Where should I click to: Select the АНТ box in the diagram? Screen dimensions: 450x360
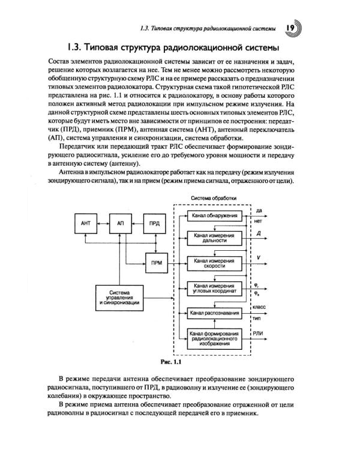(x=85, y=223)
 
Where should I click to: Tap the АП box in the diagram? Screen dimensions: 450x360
(x=119, y=223)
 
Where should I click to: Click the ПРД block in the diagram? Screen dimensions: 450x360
(x=154, y=223)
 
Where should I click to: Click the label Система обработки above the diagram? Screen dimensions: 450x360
(x=214, y=198)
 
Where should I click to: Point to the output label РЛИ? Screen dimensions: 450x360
(x=259, y=334)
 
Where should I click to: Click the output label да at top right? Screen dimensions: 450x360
(x=259, y=210)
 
